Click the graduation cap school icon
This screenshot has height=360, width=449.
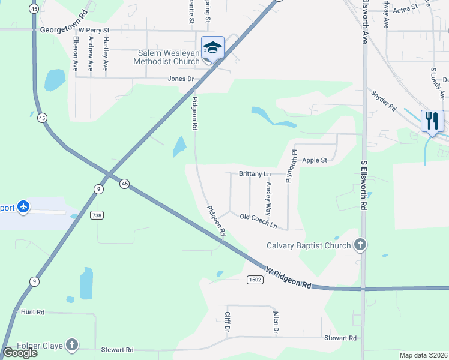click(213, 47)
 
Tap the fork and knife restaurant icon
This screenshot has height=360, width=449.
click(432, 121)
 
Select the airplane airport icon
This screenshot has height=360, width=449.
click(23, 207)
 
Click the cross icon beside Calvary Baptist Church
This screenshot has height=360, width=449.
click(360, 245)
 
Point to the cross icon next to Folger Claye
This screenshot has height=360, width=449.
click(72, 344)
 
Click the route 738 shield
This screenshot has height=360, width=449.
click(97, 214)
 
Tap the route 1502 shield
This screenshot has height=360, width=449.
click(255, 280)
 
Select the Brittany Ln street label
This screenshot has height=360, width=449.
click(255, 173)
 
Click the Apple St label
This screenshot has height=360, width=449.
click(315, 160)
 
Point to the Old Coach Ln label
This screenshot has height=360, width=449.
click(258, 221)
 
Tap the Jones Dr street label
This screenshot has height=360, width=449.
click(181, 79)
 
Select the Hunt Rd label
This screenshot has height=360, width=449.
click(32, 312)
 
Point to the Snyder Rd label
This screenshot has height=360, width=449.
click(384, 100)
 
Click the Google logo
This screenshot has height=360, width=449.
click(20, 353)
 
